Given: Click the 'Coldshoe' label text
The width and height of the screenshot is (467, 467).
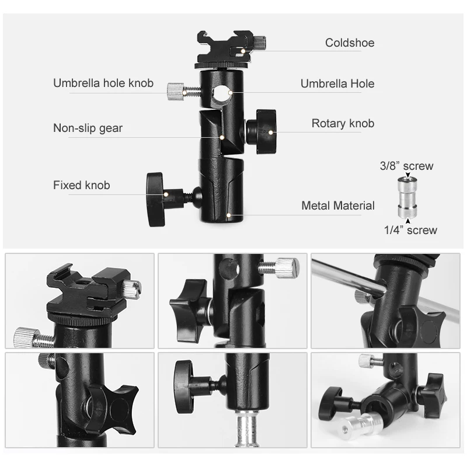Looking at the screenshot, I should click(350, 43).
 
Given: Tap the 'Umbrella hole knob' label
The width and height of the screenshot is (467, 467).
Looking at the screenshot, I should click(103, 83).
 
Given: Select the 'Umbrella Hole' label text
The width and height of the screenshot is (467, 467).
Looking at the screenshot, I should click(337, 83).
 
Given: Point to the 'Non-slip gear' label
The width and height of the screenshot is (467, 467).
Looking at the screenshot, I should click(88, 128).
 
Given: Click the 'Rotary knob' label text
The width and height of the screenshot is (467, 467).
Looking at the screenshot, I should click(343, 123).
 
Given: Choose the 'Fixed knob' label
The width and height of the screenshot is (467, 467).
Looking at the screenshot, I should click(81, 186).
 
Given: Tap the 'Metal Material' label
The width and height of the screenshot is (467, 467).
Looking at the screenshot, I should click(338, 205).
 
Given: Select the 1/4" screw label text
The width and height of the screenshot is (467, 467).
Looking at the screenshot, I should click(410, 230).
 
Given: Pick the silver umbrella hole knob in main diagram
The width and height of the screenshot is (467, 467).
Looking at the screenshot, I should click(176, 91).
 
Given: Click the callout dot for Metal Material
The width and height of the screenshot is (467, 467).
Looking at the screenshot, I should click(230, 215).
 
